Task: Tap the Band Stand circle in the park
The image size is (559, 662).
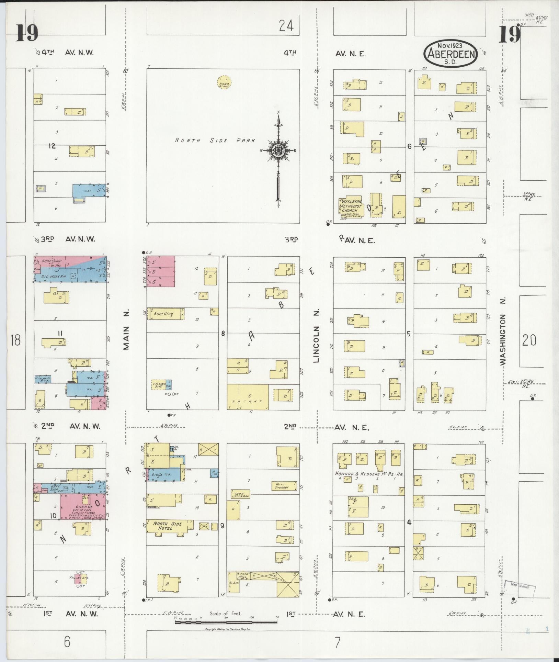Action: tap(224, 83)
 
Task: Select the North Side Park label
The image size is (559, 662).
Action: tap(215, 140)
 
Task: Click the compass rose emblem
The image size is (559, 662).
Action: tap(278, 150)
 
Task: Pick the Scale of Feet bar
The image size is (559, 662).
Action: tap(226, 622)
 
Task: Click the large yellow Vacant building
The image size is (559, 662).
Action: tap(248, 397)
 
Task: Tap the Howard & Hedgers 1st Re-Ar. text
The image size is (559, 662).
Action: tap(369, 474)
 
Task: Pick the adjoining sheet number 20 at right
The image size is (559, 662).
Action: tap(529, 340)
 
